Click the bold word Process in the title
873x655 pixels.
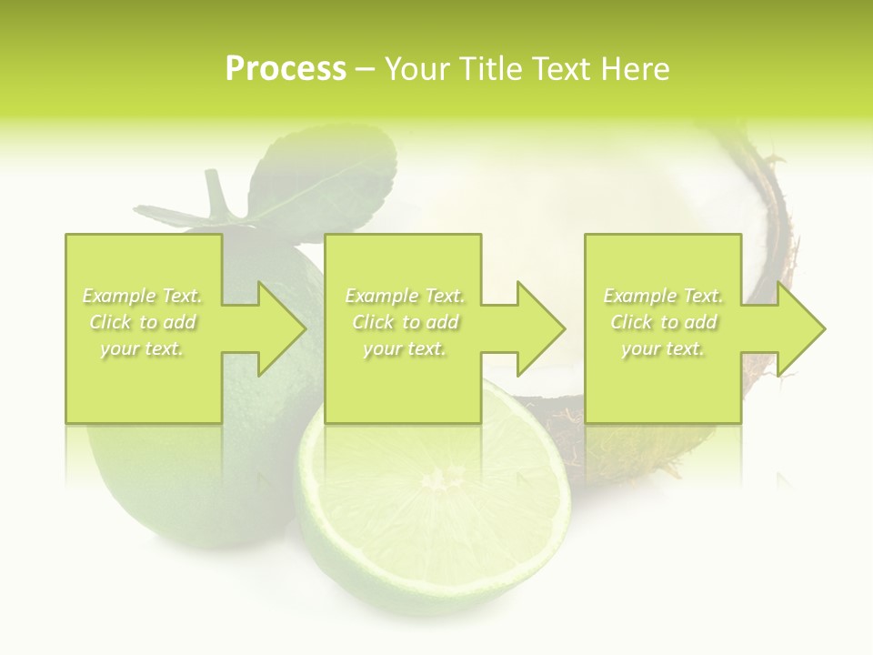[286, 69]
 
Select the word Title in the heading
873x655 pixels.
[488, 69]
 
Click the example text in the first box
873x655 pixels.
[143, 322]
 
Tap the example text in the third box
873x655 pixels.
[663, 322]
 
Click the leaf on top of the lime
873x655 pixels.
[336, 173]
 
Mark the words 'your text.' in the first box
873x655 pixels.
[143, 348]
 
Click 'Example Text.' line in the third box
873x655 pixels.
[663, 296]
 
